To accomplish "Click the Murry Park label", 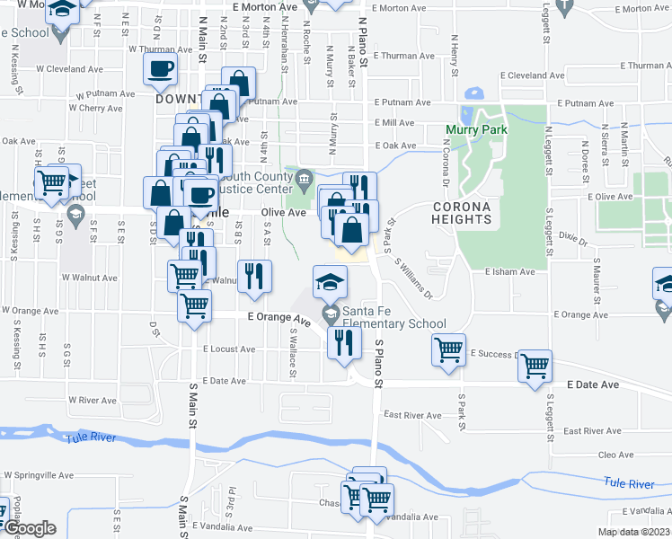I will pyautogui.click(x=476, y=129).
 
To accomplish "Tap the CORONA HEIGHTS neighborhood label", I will pyautogui.click(x=462, y=213).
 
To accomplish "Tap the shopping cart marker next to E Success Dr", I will pyautogui.click(x=449, y=349).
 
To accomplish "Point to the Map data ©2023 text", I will pyautogui.click(x=633, y=532).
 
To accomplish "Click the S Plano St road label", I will pyautogui.click(x=379, y=363).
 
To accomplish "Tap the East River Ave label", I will pyautogui.click(x=412, y=415).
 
